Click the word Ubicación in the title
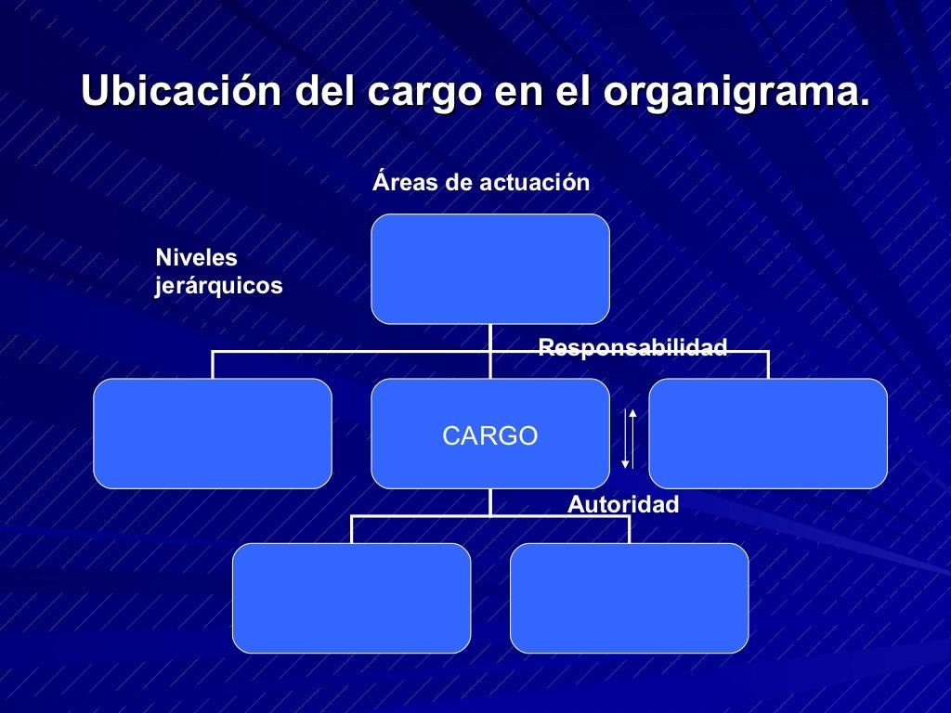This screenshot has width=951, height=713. pyautogui.click(x=181, y=93)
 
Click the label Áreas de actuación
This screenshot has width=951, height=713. pyautogui.click(x=481, y=183)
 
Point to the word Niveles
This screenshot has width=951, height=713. pyautogui.click(x=196, y=258)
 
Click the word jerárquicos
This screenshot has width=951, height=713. pyautogui.click(x=218, y=286)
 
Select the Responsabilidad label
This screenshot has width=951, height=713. pyautogui.click(x=632, y=348)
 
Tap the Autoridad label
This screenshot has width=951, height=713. pyautogui.click(x=623, y=505)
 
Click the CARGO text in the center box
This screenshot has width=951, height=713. pyautogui.click(x=489, y=436)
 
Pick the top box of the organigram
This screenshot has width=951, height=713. pyautogui.click(x=489, y=269)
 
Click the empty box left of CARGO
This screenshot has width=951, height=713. pyautogui.click(x=212, y=434)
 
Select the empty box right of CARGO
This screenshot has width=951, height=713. pyautogui.click(x=767, y=434)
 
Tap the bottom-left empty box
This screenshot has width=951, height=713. pyautogui.click(x=351, y=598)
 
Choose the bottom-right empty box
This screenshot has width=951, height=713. pyautogui.click(x=629, y=598)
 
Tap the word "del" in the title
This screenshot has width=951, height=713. pyautogui.click(x=324, y=93)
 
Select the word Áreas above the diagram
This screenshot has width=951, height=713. pyautogui.click(x=405, y=183)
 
